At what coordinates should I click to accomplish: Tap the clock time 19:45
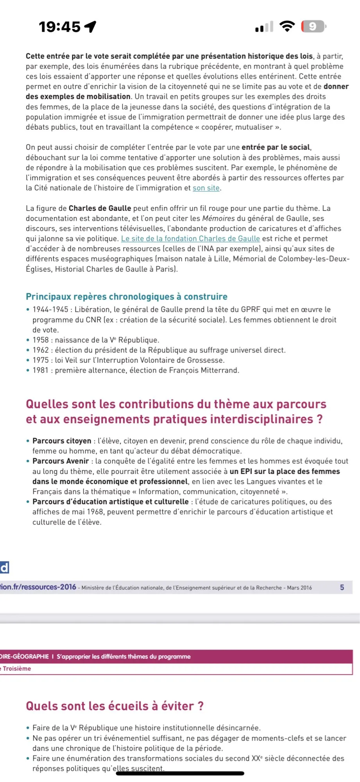59,27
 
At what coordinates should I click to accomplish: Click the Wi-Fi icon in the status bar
287,26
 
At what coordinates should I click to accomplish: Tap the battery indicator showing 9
313,27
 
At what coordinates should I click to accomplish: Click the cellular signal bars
264,27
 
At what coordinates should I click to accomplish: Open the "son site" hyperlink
206,188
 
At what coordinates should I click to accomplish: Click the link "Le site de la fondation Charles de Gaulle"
190,239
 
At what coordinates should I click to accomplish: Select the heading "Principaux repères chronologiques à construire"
126,297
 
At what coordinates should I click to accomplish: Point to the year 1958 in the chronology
41,340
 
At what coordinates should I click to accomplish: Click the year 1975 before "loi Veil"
41,360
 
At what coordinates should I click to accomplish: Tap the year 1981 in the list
41,370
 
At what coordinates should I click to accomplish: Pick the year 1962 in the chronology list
41,350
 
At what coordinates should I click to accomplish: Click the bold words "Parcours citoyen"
62,441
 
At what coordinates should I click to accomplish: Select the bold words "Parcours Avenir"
61,461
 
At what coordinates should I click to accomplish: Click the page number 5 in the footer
342,587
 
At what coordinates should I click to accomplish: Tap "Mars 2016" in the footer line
299,588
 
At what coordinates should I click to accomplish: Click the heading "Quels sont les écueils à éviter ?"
115,706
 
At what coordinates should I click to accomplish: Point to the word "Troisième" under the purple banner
17,669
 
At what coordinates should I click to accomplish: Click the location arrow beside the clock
90,27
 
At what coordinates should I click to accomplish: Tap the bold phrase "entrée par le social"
276,147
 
